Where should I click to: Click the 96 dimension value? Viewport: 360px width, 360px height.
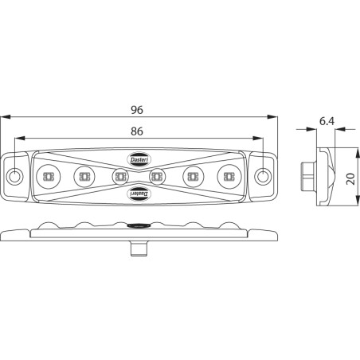[x=137, y=110]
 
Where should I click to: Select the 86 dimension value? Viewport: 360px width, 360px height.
[x=137, y=131]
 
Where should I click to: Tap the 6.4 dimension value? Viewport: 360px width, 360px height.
[x=327, y=121]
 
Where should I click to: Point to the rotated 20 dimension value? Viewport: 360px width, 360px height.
[x=350, y=178]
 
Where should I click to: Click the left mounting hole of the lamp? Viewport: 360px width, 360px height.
[x=14, y=176]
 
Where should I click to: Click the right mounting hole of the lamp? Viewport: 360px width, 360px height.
[x=263, y=176]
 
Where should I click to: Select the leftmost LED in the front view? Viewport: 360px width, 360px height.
[x=49, y=176]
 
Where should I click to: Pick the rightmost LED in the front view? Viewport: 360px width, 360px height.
[x=229, y=176]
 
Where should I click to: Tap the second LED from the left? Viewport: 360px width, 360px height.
[x=84, y=176]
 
